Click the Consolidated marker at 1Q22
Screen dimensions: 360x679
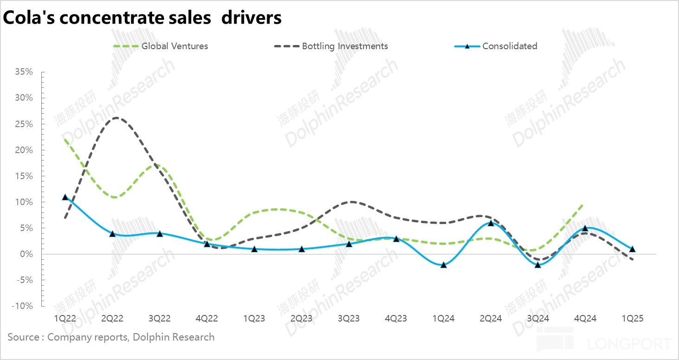65,197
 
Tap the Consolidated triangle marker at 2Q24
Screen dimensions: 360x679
491,223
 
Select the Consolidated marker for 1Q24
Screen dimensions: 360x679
444,265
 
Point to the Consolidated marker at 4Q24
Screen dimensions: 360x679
585,228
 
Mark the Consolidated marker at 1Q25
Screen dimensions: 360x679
632,249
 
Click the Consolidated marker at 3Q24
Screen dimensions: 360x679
538,265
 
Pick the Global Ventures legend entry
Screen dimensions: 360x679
174,46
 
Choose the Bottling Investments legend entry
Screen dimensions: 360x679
345,46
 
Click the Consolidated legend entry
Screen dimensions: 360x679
509,46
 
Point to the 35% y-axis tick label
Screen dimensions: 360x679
24,72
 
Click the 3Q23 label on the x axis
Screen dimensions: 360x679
349,319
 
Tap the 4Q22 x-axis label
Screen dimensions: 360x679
207,319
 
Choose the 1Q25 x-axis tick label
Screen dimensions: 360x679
632,319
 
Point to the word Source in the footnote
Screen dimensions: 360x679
23,337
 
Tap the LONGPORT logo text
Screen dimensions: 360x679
629,344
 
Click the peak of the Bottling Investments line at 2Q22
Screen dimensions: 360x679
115,118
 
